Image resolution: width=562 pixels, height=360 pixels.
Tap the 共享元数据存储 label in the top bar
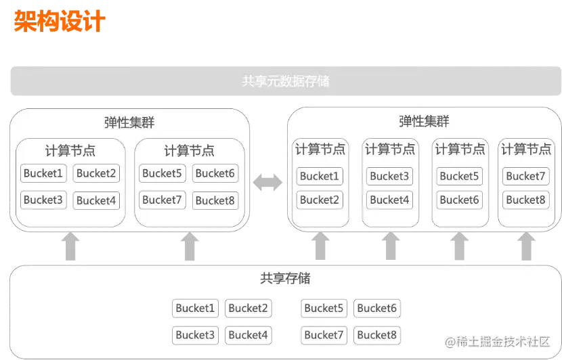tap(285, 81)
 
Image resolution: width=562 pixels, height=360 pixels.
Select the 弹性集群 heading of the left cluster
tap(129, 122)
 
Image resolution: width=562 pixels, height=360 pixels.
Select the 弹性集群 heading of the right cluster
tap(424, 122)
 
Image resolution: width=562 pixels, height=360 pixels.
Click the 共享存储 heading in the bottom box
tap(284, 278)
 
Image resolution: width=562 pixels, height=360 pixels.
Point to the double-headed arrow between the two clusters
tap(266, 181)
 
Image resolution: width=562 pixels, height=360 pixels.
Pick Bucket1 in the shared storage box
tap(195, 309)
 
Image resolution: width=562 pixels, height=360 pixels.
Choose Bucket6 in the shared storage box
tap(376, 309)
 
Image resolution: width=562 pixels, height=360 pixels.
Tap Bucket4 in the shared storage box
tap(248, 334)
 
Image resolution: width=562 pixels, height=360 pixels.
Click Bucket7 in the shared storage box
tap(324, 334)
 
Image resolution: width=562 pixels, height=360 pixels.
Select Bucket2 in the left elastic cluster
tap(96, 173)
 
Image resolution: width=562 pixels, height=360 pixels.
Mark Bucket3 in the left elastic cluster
tap(43, 200)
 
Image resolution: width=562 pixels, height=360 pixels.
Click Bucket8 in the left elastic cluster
tap(215, 200)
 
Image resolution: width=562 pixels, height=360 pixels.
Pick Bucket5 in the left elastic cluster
tap(162, 173)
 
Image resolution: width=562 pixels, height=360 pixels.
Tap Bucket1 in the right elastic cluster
tap(319, 176)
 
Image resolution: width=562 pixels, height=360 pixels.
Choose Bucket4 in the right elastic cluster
tap(389, 200)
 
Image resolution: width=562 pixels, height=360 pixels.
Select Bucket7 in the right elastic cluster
tap(525, 176)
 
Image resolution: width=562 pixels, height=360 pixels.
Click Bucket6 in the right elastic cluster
tap(459, 200)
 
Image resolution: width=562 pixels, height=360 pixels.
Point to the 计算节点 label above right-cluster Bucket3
tap(389, 150)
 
